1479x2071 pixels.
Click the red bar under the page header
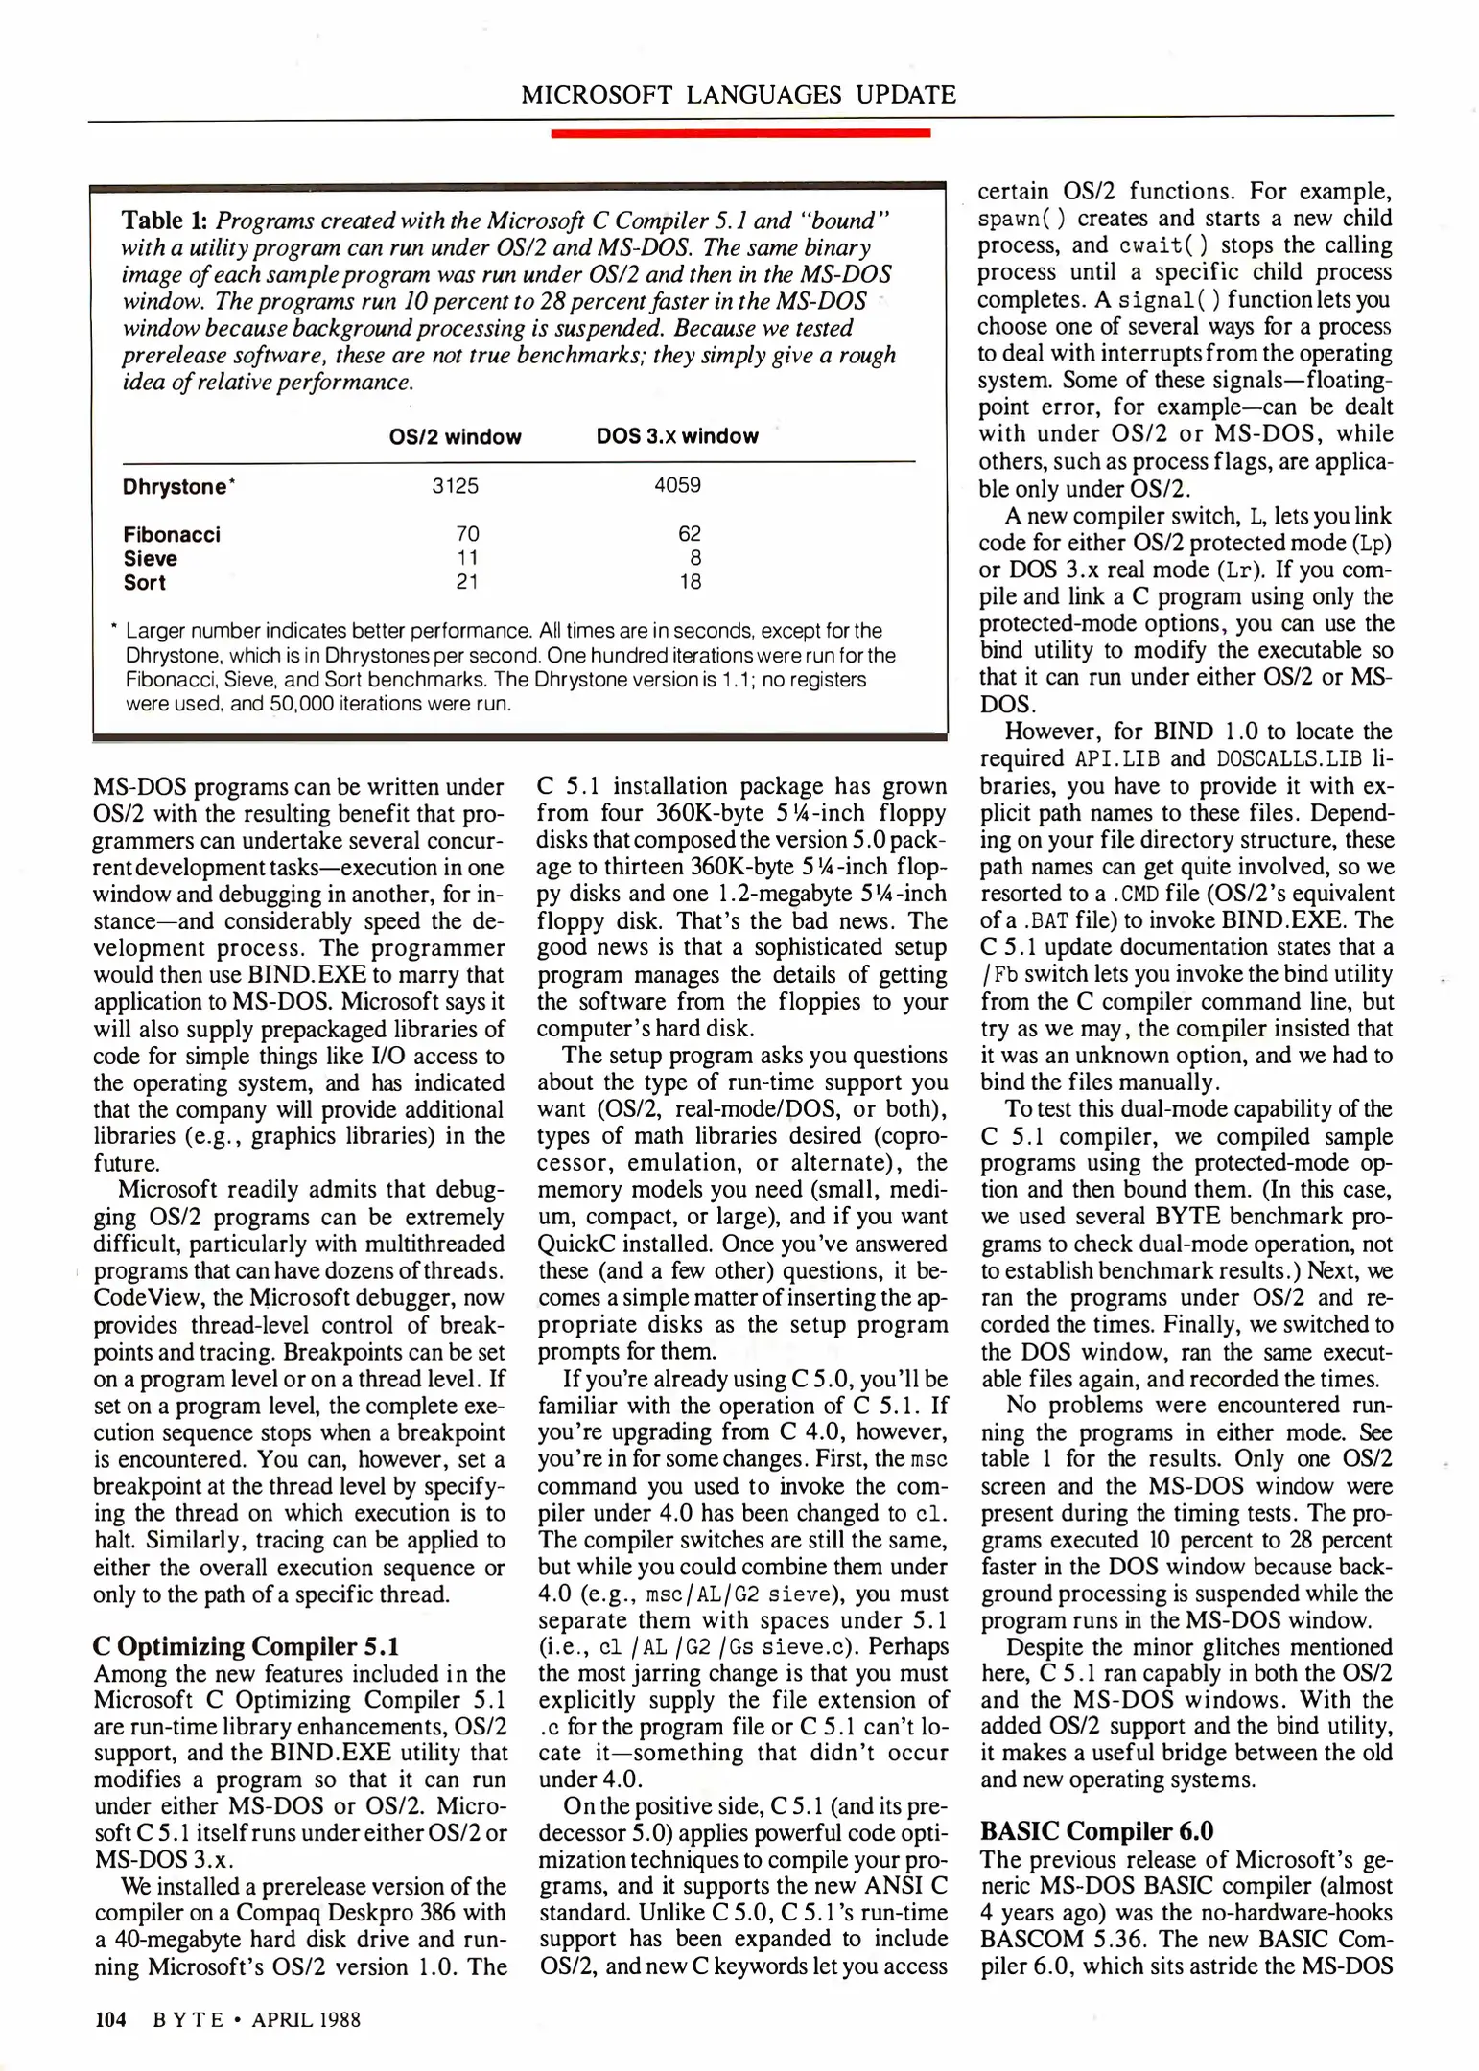[739, 133]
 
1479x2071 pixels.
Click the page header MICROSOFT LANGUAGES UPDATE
[738, 95]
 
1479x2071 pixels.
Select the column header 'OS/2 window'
[455, 437]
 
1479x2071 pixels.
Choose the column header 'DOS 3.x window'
[677, 437]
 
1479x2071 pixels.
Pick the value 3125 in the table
[455, 486]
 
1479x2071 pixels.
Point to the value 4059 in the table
[677, 486]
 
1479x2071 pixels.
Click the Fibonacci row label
[172, 534]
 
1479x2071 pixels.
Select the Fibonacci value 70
[467, 534]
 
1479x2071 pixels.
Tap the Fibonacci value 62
[689, 534]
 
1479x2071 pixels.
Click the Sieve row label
[151, 558]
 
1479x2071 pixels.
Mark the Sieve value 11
[467, 558]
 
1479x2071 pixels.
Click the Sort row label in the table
[145, 582]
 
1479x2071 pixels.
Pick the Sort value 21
[467, 582]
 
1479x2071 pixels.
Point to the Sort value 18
[689, 582]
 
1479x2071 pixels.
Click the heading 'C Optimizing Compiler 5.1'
[246, 1646]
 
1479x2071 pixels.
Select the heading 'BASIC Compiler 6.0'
[1096, 1831]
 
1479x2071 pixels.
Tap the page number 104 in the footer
[110, 2019]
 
